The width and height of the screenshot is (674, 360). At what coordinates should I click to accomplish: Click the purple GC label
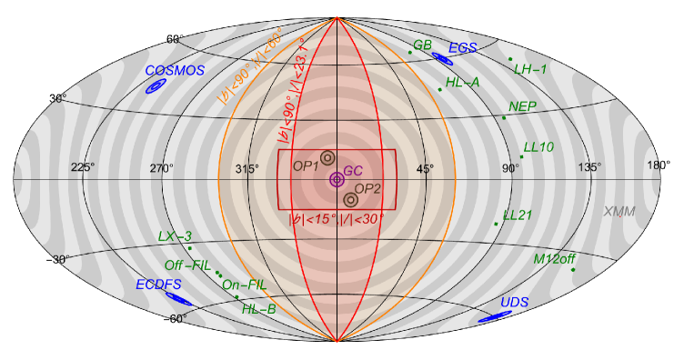tap(353, 171)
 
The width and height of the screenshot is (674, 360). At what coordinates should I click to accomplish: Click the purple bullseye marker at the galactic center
tap(337, 180)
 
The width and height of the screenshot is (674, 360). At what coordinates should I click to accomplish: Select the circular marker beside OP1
tap(327, 158)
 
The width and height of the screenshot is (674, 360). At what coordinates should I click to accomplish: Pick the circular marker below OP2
tap(350, 199)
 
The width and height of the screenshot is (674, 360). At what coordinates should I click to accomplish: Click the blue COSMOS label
tap(175, 70)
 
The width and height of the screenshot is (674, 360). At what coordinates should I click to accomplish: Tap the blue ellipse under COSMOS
tap(156, 86)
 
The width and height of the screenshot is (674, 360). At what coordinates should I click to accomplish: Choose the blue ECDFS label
tap(159, 285)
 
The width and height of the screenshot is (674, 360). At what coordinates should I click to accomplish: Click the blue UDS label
tap(515, 302)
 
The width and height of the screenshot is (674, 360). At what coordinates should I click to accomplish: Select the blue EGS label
tap(463, 48)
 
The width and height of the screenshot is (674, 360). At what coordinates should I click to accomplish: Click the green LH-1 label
tap(530, 69)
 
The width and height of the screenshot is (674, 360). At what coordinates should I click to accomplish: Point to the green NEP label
tap(522, 106)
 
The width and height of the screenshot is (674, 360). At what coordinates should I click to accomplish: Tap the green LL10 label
tap(538, 146)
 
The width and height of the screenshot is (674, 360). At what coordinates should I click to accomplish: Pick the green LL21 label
tap(518, 215)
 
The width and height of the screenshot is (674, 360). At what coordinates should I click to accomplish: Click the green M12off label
tap(555, 258)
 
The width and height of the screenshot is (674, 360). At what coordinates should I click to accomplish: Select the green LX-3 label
tap(175, 236)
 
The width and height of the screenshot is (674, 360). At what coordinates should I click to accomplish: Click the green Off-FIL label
tap(187, 265)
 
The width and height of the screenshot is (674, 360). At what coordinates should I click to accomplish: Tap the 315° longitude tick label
tap(246, 169)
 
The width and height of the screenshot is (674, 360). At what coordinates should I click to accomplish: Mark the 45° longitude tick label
tap(425, 169)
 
